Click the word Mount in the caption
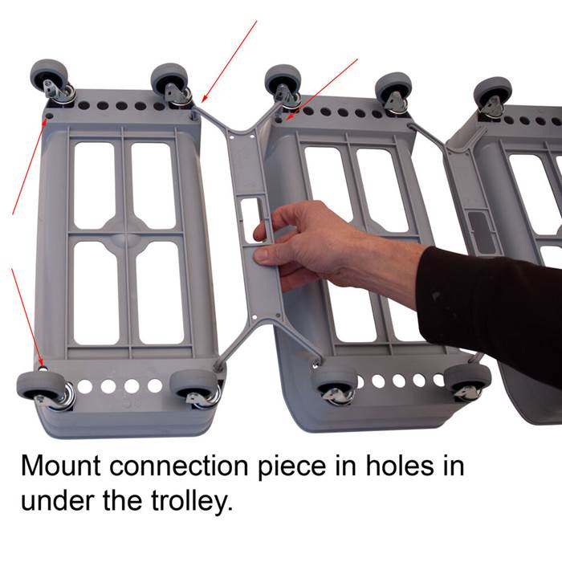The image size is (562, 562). tap(60, 466)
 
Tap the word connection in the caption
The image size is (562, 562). tap(178, 466)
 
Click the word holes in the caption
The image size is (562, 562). tap(399, 466)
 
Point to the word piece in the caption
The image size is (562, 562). tap(291, 468)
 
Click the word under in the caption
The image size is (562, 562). tap(59, 501)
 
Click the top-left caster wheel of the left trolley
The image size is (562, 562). tap(50, 77)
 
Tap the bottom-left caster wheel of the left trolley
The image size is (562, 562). tap(39, 386)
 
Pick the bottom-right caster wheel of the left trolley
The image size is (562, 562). tap(193, 384)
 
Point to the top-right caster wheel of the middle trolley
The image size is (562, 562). tap(393, 90)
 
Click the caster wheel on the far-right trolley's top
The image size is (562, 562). tap(493, 94)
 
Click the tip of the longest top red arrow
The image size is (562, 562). tap(202, 102)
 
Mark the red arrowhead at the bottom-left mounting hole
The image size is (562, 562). tap(41, 363)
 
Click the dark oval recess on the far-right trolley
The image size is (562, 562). tap(482, 231)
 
